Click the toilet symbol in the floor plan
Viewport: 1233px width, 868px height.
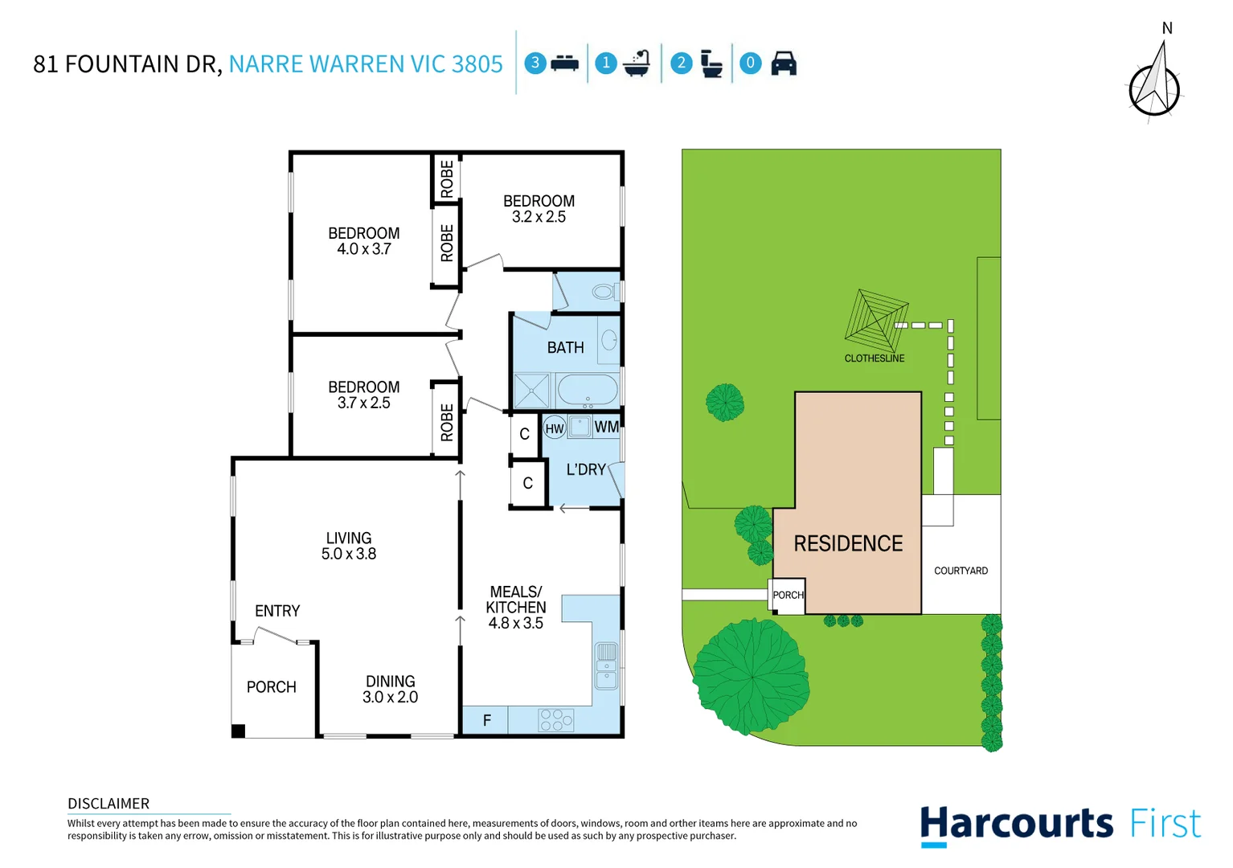604,292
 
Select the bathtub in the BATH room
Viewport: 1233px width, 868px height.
588,391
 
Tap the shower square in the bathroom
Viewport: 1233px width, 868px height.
532,391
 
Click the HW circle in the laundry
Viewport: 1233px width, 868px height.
555,428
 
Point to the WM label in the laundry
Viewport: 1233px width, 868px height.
607,427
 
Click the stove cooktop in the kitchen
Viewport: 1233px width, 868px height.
556,719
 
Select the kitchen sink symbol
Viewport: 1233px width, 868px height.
606,665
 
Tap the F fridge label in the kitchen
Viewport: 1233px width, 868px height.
486,721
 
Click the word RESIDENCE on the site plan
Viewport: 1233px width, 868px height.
848,544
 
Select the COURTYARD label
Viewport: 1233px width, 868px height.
961,571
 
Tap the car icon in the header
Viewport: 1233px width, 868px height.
784,63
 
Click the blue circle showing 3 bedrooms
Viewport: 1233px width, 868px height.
535,63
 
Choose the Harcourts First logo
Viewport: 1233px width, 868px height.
1060,825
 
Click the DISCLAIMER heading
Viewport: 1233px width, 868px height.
109,804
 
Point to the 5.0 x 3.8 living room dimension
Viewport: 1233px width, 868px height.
349,554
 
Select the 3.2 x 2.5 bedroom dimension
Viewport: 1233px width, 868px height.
539,217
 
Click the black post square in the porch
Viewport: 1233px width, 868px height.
238,731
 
